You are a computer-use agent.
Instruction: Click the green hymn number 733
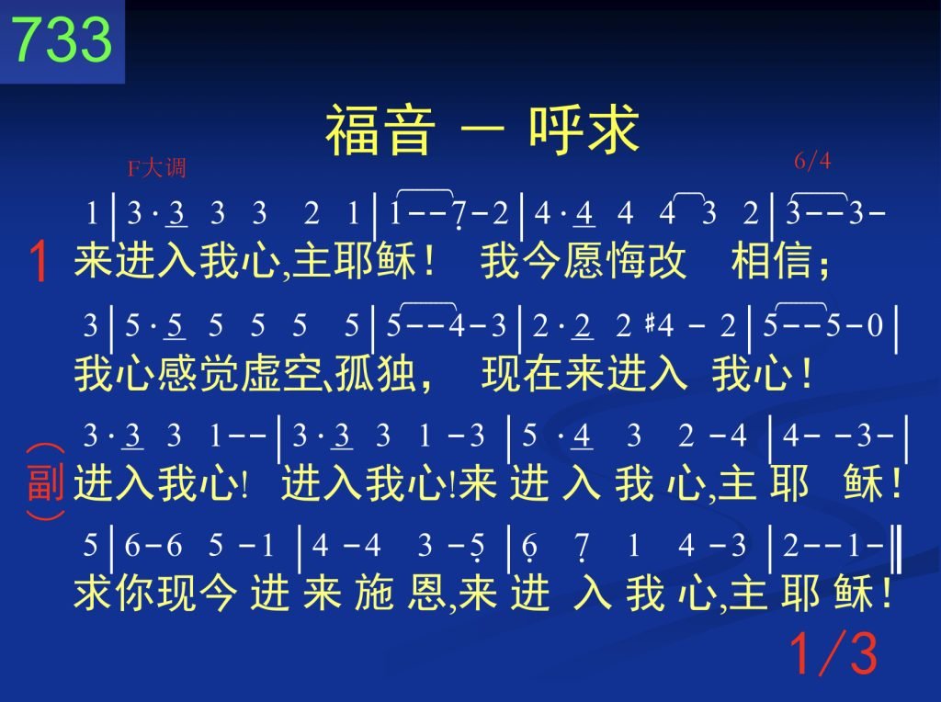coord(62,39)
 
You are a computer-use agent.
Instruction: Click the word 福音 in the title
coord(380,130)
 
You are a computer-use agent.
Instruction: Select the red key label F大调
coord(156,168)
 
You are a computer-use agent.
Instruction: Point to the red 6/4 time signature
coord(812,161)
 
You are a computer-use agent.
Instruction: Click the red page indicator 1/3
coord(833,653)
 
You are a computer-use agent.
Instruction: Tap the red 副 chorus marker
coord(46,481)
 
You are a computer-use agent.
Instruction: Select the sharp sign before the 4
coord(650,324)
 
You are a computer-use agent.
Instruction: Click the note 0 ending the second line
coord(875,326)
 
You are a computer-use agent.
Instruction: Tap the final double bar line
coord(897,549)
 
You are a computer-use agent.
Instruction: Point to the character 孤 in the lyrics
coord(354,373)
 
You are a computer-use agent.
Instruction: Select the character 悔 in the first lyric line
coord(626,261)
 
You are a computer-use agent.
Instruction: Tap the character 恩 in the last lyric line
coord(427,593)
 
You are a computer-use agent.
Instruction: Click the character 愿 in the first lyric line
coord(584,261)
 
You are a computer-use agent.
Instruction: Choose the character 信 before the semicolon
coord(792,261)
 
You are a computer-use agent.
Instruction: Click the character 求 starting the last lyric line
coord(94,593)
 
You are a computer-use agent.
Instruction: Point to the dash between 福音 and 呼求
coord(482,130)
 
